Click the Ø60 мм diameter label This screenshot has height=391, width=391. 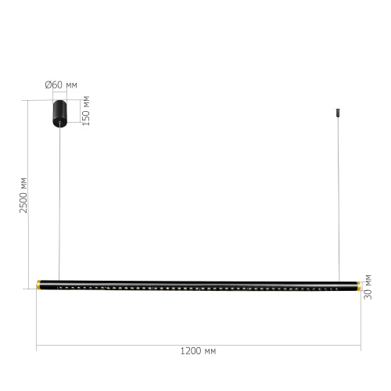click(61, 85)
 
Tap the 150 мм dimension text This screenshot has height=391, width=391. click(86, 111)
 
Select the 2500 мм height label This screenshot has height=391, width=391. click(23, 195)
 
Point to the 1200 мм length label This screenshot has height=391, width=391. click(198, 351)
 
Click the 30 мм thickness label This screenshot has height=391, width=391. click(368, 287)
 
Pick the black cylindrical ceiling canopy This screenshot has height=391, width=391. click(60, 113)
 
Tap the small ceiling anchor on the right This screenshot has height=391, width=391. click(338, 113)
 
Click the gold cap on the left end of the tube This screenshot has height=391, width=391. click(38, 285)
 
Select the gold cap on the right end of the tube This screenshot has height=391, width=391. click(359, 285)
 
